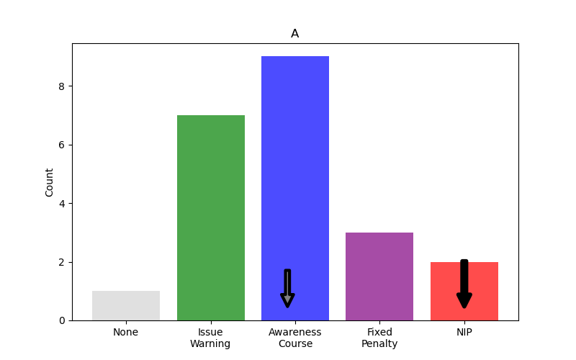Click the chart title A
(294, 34)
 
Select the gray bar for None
(126, 306)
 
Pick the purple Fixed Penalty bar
(379, 276)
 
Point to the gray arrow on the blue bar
(287, 288)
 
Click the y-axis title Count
(50, 182)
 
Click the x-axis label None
(126, 333)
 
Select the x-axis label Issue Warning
(210, 338)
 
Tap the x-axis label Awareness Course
(294, 338)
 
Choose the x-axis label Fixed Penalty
(379, 338)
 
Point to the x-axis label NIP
(464, 333)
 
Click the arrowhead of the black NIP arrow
(464, 300)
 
